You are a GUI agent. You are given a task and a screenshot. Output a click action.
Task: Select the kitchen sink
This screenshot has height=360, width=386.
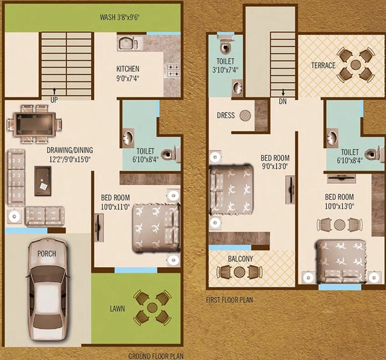click(128, 44)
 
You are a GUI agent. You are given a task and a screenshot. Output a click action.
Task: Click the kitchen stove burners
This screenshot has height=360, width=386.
click(174, 71)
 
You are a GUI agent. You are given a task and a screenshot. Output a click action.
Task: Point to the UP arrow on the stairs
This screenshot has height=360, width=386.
click(55, 92)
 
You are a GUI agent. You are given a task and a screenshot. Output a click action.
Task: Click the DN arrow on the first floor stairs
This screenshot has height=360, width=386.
click(283, 92)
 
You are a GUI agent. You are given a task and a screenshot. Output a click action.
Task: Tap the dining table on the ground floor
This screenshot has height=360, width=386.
click(35, 124)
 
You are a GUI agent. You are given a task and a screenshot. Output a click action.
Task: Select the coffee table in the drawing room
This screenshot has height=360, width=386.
click(43, 181)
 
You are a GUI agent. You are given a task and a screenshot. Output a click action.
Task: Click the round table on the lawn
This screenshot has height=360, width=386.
click(152, 307)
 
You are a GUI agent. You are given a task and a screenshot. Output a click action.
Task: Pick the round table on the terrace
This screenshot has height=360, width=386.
click(355, 65)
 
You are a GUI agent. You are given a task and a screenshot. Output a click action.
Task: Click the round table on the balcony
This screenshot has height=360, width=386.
click(239, 272)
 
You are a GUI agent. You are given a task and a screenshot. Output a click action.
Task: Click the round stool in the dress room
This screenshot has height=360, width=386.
click(245, 115)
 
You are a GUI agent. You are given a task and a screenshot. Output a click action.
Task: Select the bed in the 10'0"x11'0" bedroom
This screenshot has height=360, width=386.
click(156, 228)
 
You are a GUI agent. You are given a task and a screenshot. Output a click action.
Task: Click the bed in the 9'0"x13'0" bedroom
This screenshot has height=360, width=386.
click(231, 190)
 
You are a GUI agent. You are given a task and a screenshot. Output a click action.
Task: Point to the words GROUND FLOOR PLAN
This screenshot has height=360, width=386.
click(156, 356)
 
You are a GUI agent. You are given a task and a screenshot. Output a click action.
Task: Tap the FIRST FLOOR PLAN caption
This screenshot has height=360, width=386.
click(230, 300)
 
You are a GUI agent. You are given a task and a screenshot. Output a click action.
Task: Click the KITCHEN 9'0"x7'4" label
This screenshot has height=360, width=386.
click(128, 73)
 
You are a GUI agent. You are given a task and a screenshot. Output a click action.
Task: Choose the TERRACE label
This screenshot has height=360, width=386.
click(323, 66)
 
